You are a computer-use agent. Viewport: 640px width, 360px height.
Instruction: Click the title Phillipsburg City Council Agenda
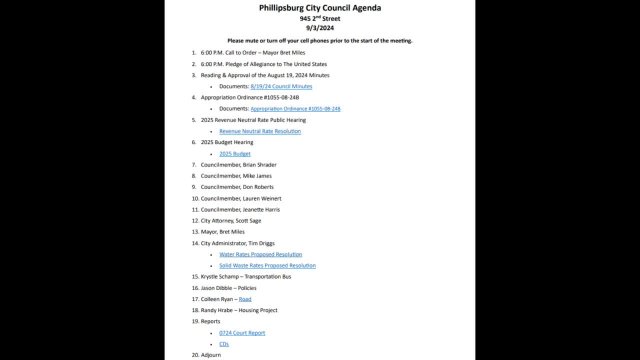click(319, 8)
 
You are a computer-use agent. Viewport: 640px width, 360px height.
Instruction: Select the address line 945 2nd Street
click(319, 19)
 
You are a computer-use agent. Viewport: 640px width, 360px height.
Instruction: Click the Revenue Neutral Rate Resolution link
click(260, 131)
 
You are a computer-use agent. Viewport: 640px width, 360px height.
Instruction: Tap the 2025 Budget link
click(234, 154)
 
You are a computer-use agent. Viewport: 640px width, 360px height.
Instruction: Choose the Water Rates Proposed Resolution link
click(261, 254)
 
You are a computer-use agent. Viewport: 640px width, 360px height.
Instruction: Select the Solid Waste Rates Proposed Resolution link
click(267, 265)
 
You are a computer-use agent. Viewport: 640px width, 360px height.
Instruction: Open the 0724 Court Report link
click(242, 332)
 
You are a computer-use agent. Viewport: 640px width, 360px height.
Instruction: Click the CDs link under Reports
click(224, 343)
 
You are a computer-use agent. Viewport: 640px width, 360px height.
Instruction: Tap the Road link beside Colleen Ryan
click(245, 299)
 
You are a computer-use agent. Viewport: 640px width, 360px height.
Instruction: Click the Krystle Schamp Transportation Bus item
click(245, 276)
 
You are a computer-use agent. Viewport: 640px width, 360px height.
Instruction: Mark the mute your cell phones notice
click(319, 41)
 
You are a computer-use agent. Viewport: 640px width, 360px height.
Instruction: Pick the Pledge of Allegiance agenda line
click(265, 64)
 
